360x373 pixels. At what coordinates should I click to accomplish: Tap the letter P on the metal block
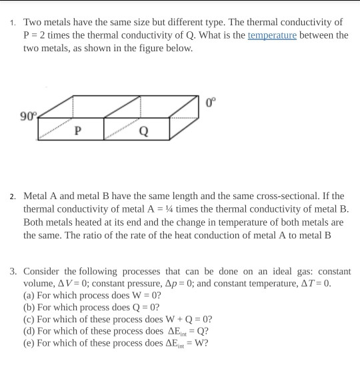click(x=79, y=131)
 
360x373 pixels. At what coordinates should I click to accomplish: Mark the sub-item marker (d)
click(x=30, y=330)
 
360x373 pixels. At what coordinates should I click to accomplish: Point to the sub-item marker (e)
click(x=30, y=343)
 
